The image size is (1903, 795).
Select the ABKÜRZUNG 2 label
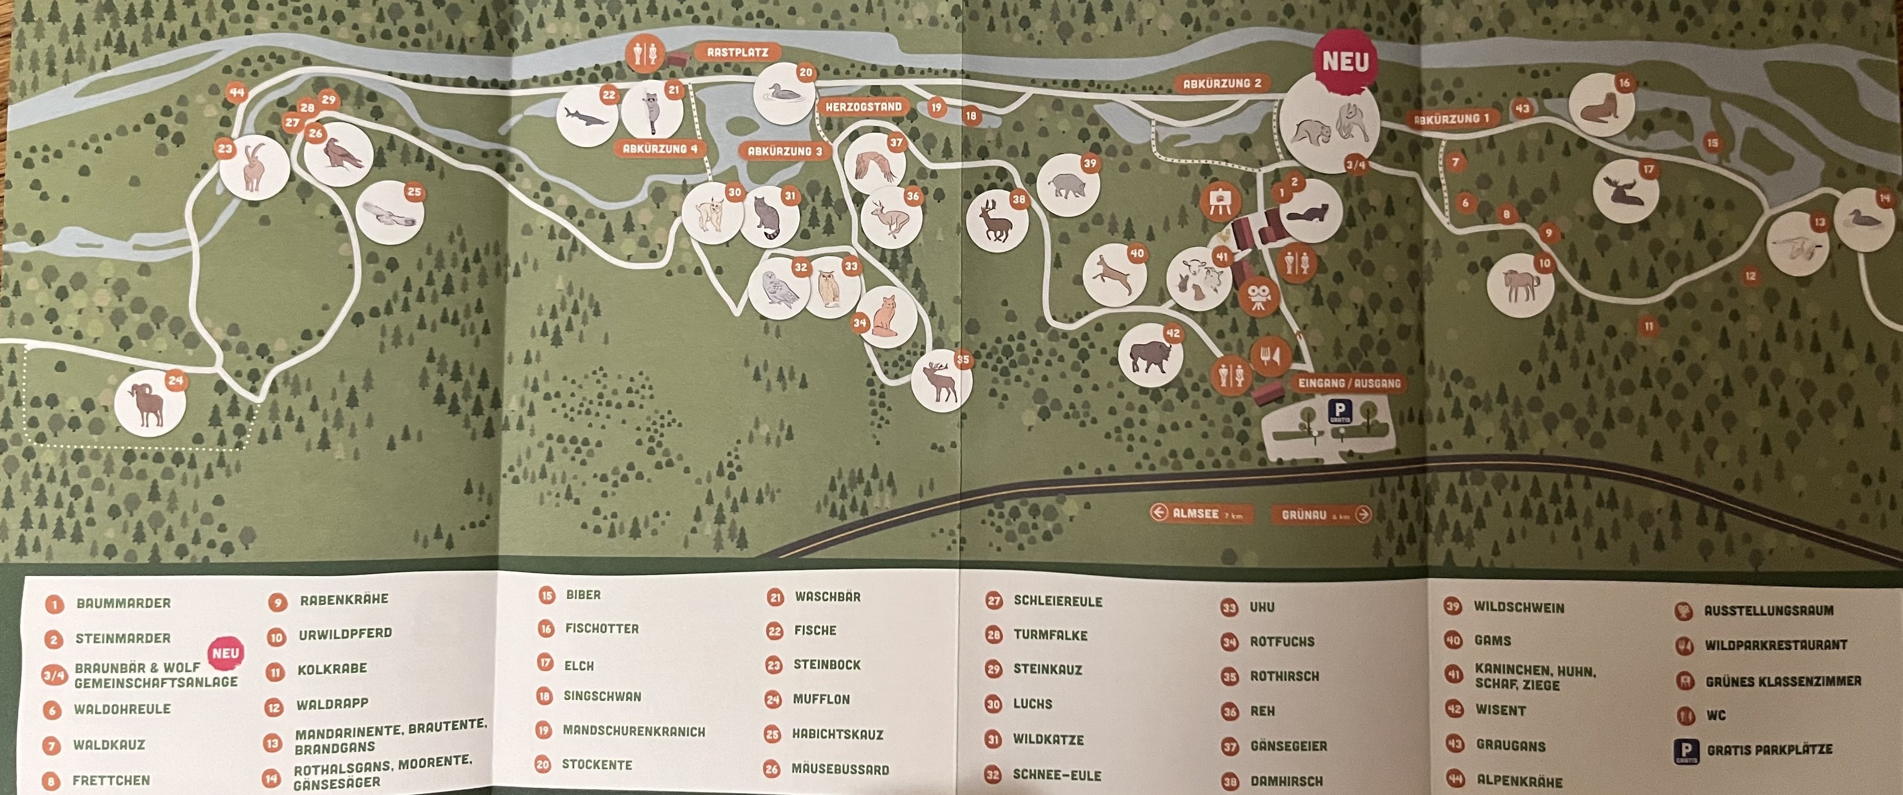tap(1222, 83)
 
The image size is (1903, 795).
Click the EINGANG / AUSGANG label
tap(1349, 383)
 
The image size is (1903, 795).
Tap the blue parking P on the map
tap(1340, 411)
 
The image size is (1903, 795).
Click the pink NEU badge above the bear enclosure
tap(1344, 62)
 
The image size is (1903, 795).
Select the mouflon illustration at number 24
tap(149, 405)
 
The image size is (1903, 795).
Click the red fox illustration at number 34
tap(885, 318)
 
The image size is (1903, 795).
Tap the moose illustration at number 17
tap(1624, 192)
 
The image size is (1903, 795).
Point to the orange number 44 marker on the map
tap(236, 93)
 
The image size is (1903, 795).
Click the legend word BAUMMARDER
tap(123, 603)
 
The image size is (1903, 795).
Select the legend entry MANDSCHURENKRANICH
tap(633, 731)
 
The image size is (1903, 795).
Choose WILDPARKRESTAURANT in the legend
tap(1775, 645)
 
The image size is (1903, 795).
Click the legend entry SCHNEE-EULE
tap(1057, 775)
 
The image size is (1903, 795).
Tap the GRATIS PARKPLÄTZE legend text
tap(1769, 750)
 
